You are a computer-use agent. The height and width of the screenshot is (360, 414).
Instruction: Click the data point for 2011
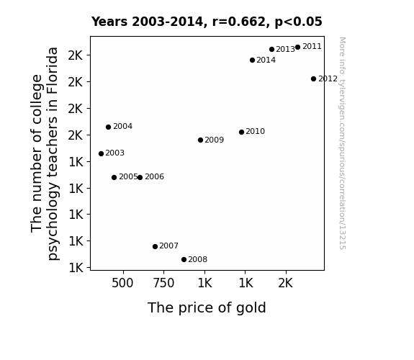coord(297,48)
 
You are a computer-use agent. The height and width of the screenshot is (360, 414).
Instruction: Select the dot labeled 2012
coord(313,78)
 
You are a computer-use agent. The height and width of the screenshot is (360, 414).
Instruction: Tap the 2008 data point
coord(184,260)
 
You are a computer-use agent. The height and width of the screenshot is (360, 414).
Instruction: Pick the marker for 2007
coord(155,246)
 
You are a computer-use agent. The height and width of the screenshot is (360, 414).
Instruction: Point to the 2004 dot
coord(108,127)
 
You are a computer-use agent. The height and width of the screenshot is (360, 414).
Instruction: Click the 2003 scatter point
coord(101,153)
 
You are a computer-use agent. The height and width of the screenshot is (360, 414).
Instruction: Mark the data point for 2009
coord(200,140)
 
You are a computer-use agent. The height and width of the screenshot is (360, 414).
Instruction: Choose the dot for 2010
coord(241,132)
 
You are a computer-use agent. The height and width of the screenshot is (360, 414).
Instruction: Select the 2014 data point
coord(252,60)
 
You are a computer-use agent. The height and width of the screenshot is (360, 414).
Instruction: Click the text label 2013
coord(285,50)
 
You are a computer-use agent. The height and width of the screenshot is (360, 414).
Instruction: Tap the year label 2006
coord(155,176)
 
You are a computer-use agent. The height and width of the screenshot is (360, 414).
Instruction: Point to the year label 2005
coord(128,176)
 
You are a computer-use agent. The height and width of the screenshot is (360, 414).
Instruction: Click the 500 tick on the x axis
coord(122,283)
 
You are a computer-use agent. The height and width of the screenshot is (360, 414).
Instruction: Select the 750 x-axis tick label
coord(163,283)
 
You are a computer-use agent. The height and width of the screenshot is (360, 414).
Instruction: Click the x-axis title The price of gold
coord(207,307)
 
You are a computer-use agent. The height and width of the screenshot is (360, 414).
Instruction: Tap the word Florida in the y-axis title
coord(53,71)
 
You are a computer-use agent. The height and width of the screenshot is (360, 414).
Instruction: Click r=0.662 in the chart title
coord(239,22)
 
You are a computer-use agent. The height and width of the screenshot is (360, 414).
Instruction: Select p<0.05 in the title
coord(298,22)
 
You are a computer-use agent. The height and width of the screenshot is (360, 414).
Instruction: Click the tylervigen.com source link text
coord(342,143)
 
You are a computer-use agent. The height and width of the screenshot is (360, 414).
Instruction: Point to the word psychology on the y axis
coord(53,221)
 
